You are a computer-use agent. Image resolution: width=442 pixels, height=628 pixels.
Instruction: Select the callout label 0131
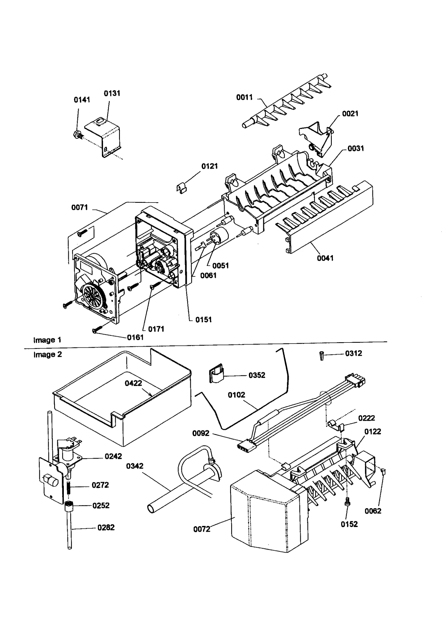coord(112,93)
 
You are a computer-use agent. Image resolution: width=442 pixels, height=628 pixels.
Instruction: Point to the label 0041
coord(325,258)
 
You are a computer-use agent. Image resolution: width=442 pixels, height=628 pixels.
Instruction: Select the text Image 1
coord(47,340)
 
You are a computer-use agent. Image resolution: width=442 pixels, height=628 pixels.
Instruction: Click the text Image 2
coord(48,354)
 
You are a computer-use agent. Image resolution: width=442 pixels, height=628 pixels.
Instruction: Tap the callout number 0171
coord(156,329)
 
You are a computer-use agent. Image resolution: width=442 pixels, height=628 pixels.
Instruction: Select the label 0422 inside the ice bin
coord(133,383)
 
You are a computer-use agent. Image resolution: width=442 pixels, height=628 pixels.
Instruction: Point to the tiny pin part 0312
coord(322,355)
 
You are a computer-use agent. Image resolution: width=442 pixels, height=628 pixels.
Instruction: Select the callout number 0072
coord(202,529)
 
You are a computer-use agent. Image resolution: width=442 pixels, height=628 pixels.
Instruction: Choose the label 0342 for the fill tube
coord(135,466)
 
